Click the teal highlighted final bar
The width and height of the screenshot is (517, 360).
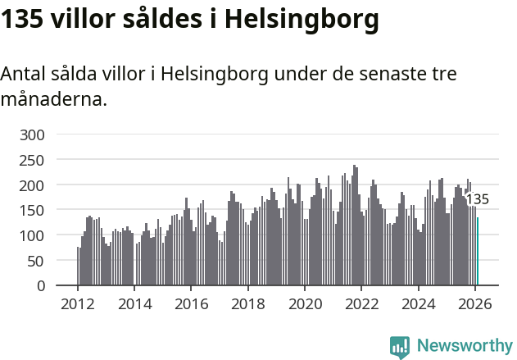pos(478,251)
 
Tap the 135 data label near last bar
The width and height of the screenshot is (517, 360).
pos(477,199)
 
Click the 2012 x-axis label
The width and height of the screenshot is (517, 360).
pos(78,304)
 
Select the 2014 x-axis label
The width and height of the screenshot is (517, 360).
pos(134,304)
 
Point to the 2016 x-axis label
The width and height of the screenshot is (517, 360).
pos(191,304)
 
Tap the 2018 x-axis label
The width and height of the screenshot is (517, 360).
pos(248,304)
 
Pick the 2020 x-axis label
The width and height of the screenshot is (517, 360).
pos(305,304)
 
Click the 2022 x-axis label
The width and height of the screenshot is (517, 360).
pos(361,304)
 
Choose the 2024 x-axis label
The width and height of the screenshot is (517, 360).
pos(419,304)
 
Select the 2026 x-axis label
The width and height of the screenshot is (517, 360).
pos(475,304)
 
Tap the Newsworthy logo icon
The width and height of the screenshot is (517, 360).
pos(400,347)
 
